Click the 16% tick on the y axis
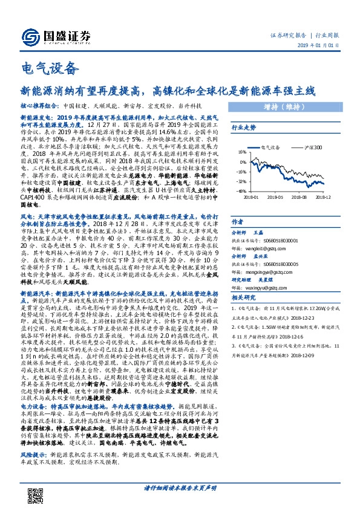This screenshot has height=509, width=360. [241, 152]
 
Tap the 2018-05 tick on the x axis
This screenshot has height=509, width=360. [274, 196]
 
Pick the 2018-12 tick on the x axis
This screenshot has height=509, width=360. [323, 196]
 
